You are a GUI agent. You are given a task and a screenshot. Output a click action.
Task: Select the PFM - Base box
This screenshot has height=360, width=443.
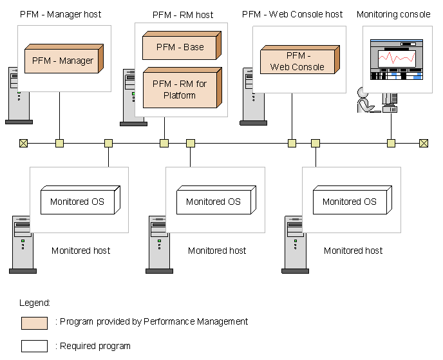(x=180, y=47)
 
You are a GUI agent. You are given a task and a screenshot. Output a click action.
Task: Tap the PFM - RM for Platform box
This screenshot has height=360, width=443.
(x=180, y=89)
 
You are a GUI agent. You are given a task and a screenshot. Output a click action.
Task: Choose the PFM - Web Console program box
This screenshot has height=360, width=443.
(x=297, y=61)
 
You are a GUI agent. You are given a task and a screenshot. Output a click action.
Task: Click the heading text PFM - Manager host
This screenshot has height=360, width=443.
(x=61, y=14)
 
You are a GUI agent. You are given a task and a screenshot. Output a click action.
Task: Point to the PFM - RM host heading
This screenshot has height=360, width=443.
(x=182, y=14)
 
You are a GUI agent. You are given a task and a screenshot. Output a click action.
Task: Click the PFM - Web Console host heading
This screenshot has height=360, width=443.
(x=292, y=14)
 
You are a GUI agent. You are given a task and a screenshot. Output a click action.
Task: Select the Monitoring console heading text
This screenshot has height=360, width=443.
(x=393, y=14)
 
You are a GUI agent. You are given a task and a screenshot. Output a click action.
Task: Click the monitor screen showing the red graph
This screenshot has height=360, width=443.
(x=397, y=59)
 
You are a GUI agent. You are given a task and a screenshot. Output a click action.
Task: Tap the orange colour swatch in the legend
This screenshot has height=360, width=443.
(x=34, y=322)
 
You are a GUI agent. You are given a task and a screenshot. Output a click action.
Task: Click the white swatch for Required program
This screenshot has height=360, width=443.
(x=34, y=346)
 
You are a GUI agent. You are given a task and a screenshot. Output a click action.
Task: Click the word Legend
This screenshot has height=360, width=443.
(x=35, y=303)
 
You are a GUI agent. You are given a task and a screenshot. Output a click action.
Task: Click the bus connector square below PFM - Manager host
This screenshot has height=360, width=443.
(x=59, y=143)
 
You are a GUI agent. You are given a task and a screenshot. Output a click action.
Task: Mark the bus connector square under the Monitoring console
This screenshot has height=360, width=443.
(x=391, y=143)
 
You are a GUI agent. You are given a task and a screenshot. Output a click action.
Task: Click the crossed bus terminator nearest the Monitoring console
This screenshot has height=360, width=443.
(x=424, y=143)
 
